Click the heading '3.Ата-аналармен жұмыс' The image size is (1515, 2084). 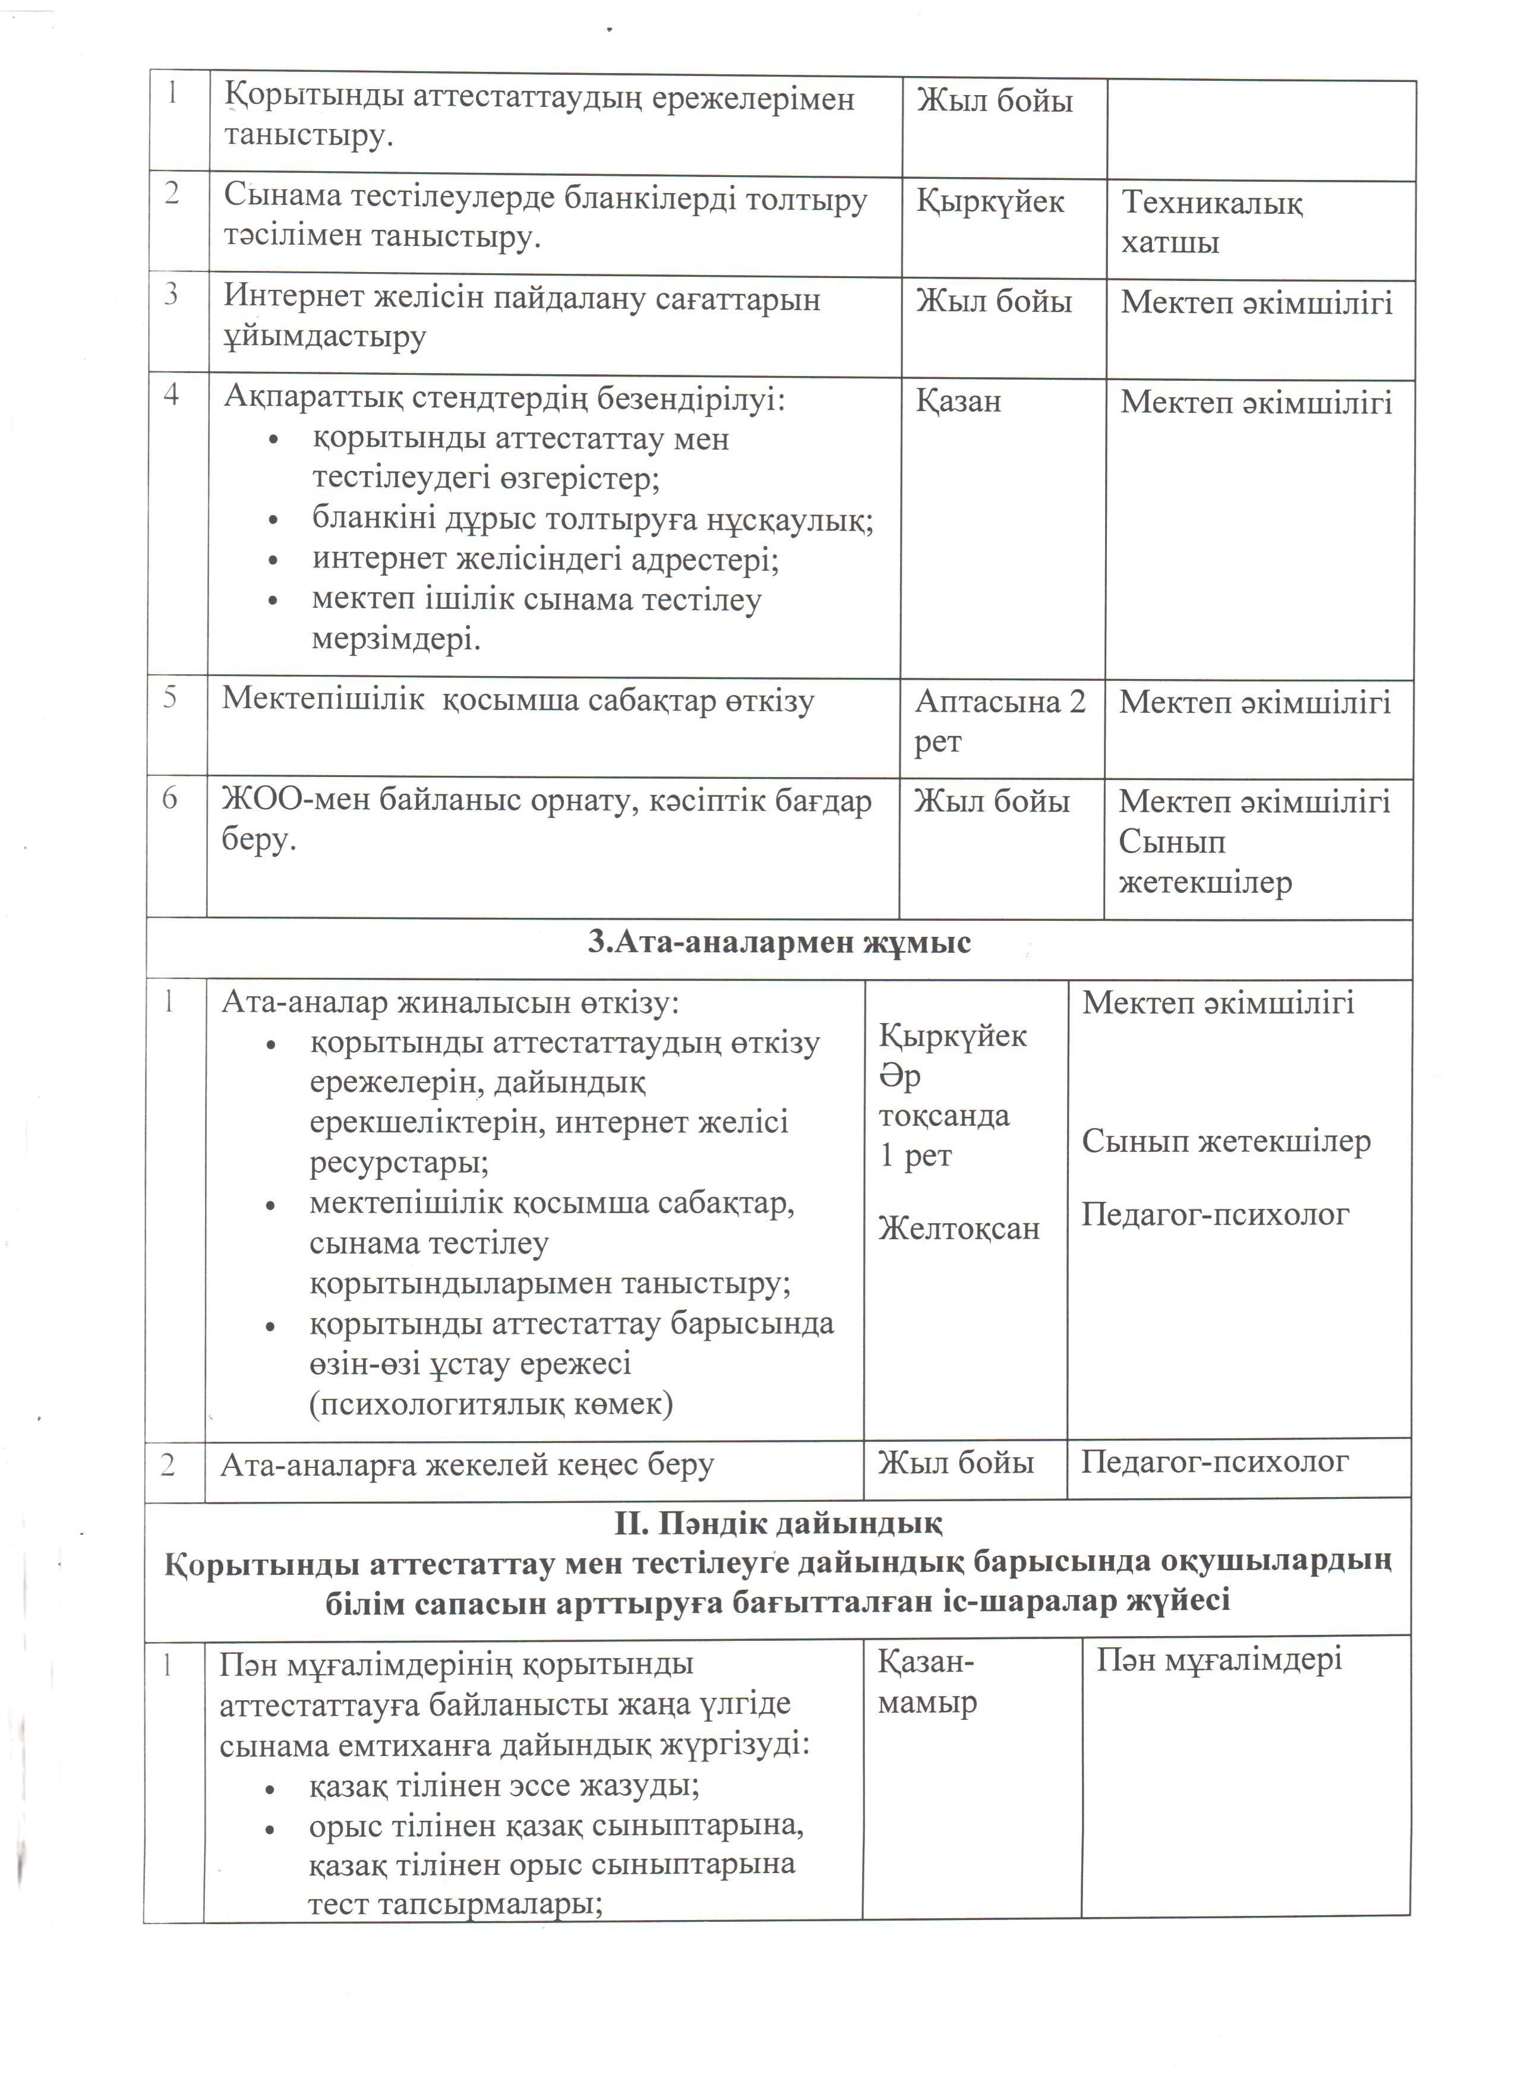point(778,943)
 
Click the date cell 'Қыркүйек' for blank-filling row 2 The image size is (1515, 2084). point(989,201)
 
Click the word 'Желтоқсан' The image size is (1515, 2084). point(958,1229)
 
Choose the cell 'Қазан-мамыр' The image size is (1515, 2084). point(927,1682)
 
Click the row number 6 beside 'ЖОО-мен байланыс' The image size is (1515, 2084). point(170,798)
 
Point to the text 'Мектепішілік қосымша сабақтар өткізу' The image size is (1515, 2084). point(517,700)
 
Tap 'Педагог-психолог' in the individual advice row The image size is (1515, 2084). point(1214,1462)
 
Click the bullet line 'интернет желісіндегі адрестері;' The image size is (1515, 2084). point(545,558)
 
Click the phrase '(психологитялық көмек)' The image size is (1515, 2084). point(491,1403)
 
